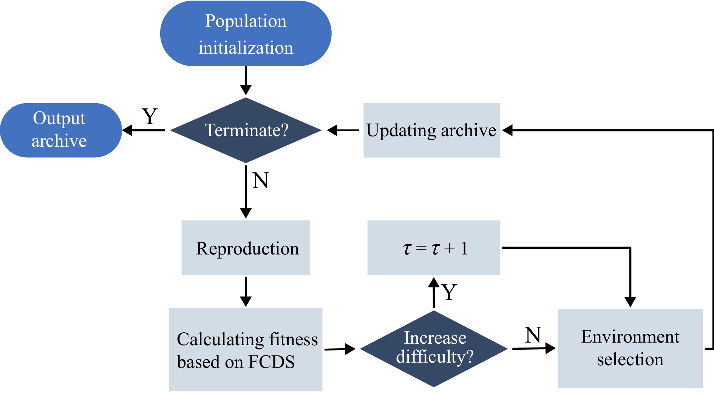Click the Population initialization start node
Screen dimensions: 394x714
point(246,34)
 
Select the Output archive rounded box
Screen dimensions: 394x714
point(60,130)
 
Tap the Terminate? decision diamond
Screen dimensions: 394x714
point(246,130)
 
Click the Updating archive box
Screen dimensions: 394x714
point(431,130)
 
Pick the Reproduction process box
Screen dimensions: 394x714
point(246,248)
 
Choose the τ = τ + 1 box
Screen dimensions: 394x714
point(434,248)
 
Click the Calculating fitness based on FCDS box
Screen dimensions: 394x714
point(246,350)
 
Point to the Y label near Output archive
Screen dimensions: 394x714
point(150,116)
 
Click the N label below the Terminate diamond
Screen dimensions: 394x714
point(261,180)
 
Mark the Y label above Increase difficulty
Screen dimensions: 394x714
point(450,292)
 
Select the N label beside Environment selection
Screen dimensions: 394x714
point(533,335)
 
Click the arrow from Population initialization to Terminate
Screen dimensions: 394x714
point(246,80)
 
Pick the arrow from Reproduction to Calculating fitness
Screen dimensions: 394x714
point(246,292)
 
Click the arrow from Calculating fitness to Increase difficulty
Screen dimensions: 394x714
point(340,349)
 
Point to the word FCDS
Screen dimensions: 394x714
point(271,362)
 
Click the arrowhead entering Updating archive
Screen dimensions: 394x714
point(507,130)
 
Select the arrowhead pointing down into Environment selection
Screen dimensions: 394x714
point(630,302)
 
